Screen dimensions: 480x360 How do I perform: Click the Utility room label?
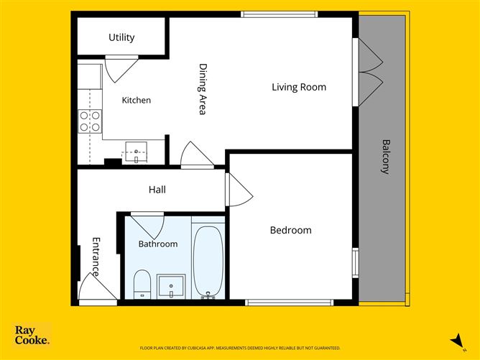click(x=121, y=37)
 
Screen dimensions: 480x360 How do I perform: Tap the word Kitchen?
click(x=137, y=100)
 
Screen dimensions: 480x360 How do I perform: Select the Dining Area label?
click(x=203, y=89)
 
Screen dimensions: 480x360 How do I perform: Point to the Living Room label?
click(x=299, y=87)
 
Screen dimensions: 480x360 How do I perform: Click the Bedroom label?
click(x=290, y=230)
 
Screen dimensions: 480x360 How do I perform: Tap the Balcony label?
click(x=386, y=157)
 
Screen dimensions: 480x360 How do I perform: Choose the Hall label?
click(x=157, y=190)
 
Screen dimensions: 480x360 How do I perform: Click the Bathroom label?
click(x=158, y=244)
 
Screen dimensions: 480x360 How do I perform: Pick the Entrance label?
click(x=96, y=257)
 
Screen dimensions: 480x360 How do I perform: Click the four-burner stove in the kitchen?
click(x=90, y=121)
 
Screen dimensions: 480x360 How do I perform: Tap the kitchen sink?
click(x=136, y=152)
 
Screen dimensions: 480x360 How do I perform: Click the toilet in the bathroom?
click(x=142, y=284)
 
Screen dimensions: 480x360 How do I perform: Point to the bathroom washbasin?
click(x=171, y=286)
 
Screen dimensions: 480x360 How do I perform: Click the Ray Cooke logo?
click(x=32, y=335)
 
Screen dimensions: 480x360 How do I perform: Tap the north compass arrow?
click(x=457, y=341)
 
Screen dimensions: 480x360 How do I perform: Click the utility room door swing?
click(x=121, y=70)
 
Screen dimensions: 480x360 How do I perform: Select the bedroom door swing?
click(x=241, y=190)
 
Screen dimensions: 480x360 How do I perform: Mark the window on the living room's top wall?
click(x=280, y=14)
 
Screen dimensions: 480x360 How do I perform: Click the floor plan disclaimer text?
click(x=240, y=348)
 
